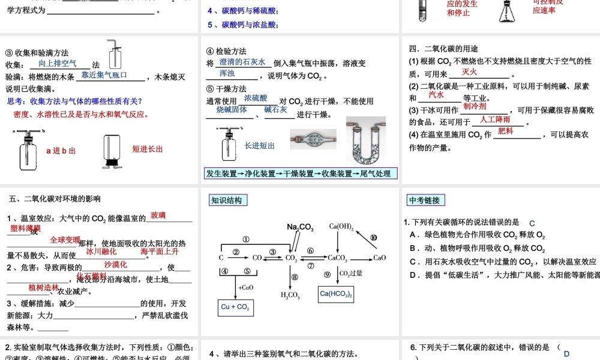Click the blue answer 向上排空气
(x=57, y=63)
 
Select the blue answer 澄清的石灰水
(x=242, y=62)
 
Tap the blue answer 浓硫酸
(x=256, y=98)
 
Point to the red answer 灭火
(x=470, y=72)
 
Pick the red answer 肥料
(x=506, y=131)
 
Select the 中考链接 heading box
(x=424, y=200)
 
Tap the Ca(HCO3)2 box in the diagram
(x=335, y=294)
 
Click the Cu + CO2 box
(x=235, y=307)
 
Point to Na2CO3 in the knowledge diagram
(x=300, y=227)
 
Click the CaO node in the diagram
(x=380, y=258)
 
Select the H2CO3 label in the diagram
(x=291, y=295)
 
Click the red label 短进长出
(x=148, y=149)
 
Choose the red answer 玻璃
(x=158, y=215)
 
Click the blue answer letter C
(x=532, y=223)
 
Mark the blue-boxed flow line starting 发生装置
(x=299, y=174)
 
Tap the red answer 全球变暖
(x=65, y=239)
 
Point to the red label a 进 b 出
(x=61, y=151)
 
